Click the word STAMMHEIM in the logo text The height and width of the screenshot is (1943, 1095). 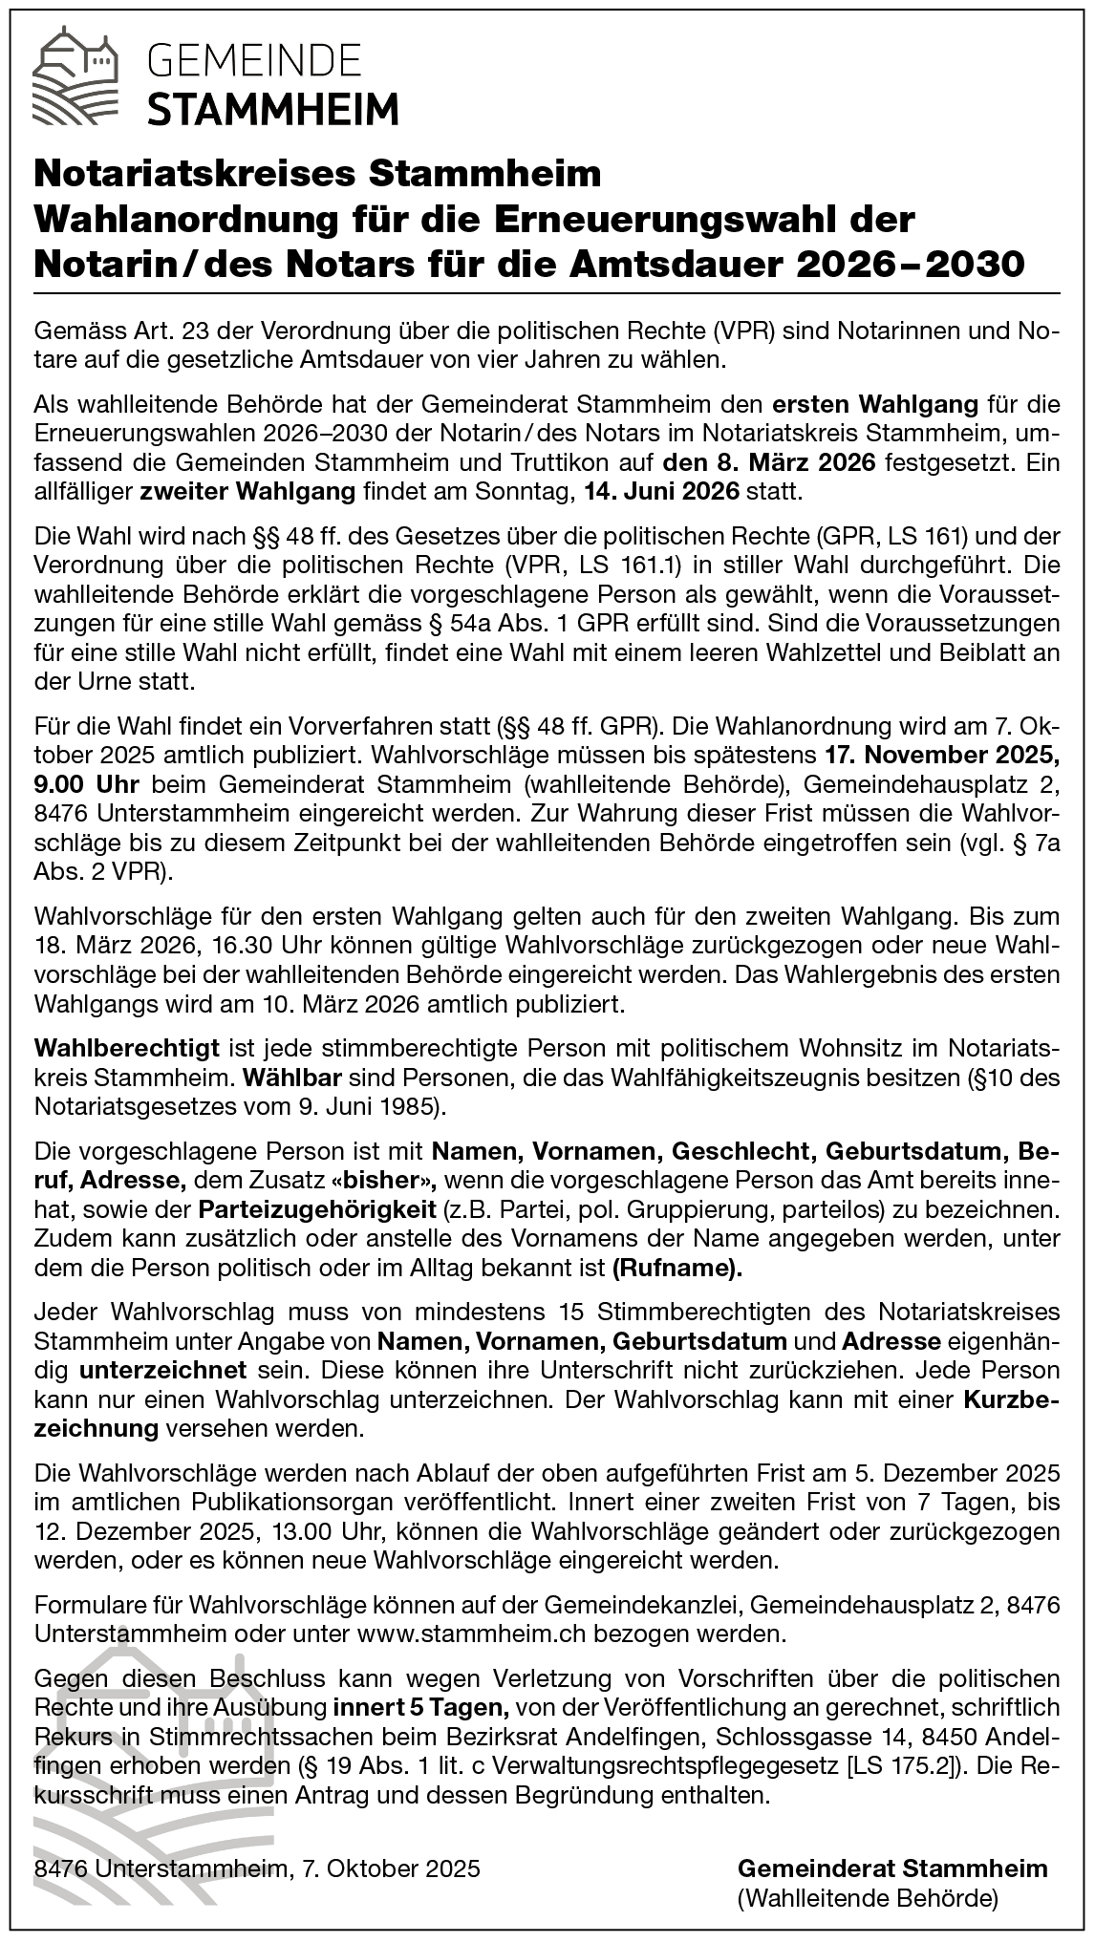pos(273,108)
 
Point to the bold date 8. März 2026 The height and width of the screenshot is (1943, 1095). pos(769,463)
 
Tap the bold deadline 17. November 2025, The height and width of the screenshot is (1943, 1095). pos(940,756)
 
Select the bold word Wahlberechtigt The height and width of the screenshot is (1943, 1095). pos(127,1048)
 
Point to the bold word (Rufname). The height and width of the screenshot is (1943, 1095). pos(677,1268)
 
